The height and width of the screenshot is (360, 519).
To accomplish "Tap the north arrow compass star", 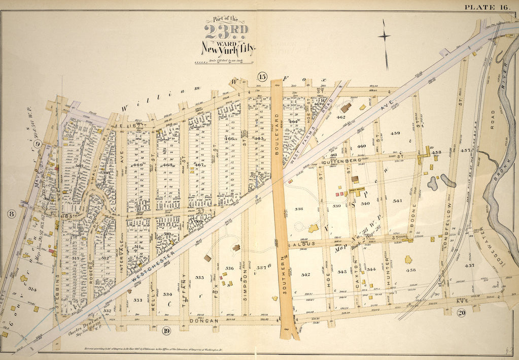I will pyautogui.click(x=385, y=36).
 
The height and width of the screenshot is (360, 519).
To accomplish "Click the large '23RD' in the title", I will pyautogui.click(x=226, y=32).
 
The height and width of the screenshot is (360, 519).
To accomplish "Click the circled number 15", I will pyautogui.click(x=262, y=77).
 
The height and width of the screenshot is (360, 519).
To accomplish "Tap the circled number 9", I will pyautogui.click(x=37, y=144).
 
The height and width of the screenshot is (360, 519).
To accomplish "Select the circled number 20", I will pyautogui.click(x=461, y=313).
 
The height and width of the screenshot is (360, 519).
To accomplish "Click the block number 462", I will pyautogui.click(x=341, y=118).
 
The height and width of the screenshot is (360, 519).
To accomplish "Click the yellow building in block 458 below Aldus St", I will pyautogui.click(x=408, y=259).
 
